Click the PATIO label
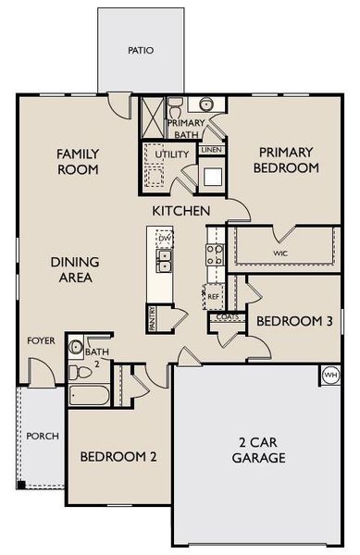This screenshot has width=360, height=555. coord(141,51)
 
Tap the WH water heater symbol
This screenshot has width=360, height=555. coord(331,375)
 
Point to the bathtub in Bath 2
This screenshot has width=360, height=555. coord(90,396)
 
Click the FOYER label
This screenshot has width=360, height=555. coord(40,341)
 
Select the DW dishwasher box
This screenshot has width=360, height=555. coord(165,239)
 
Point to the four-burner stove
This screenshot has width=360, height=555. coord(214,255)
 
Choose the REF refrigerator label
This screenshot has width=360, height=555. coord(214,297)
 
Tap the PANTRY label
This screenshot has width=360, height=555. coord(152,317)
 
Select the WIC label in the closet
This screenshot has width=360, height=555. coord(280,252)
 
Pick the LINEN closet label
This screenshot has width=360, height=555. coord(211,150)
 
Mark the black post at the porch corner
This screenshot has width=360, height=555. coord(19,484)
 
